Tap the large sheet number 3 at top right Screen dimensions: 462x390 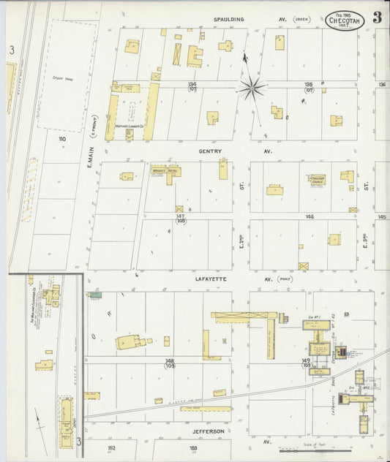[377, 18]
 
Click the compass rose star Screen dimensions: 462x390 [251, 88]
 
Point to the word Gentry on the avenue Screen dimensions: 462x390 [210, 151]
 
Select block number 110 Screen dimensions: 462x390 [62, 138]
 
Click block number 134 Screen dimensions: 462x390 [192, 84]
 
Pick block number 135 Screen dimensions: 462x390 [308, 84]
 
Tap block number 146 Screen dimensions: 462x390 [310, 216]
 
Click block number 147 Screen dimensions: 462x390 [180, 216]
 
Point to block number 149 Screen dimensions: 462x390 [306, 360]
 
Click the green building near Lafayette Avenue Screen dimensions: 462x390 [94, 295]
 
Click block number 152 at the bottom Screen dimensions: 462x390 [111, 447]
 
